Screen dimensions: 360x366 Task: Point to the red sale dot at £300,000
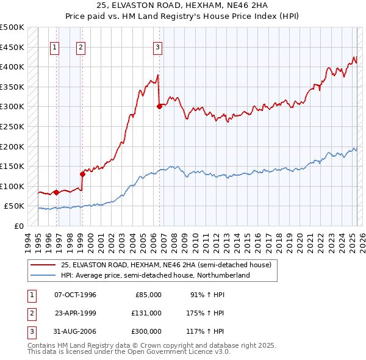[x=159, y=106]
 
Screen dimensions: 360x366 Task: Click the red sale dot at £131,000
[x=82, y=173]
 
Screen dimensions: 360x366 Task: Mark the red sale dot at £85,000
[x=56, y=192]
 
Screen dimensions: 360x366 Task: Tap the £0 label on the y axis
[x=19, y=226]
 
